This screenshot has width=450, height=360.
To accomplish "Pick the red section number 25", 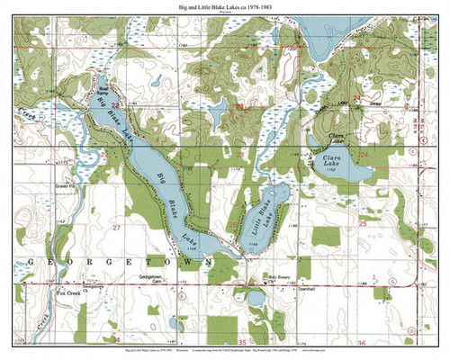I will [x=363, y=222].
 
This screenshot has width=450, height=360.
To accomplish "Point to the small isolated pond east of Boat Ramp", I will [x=157, y=83].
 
